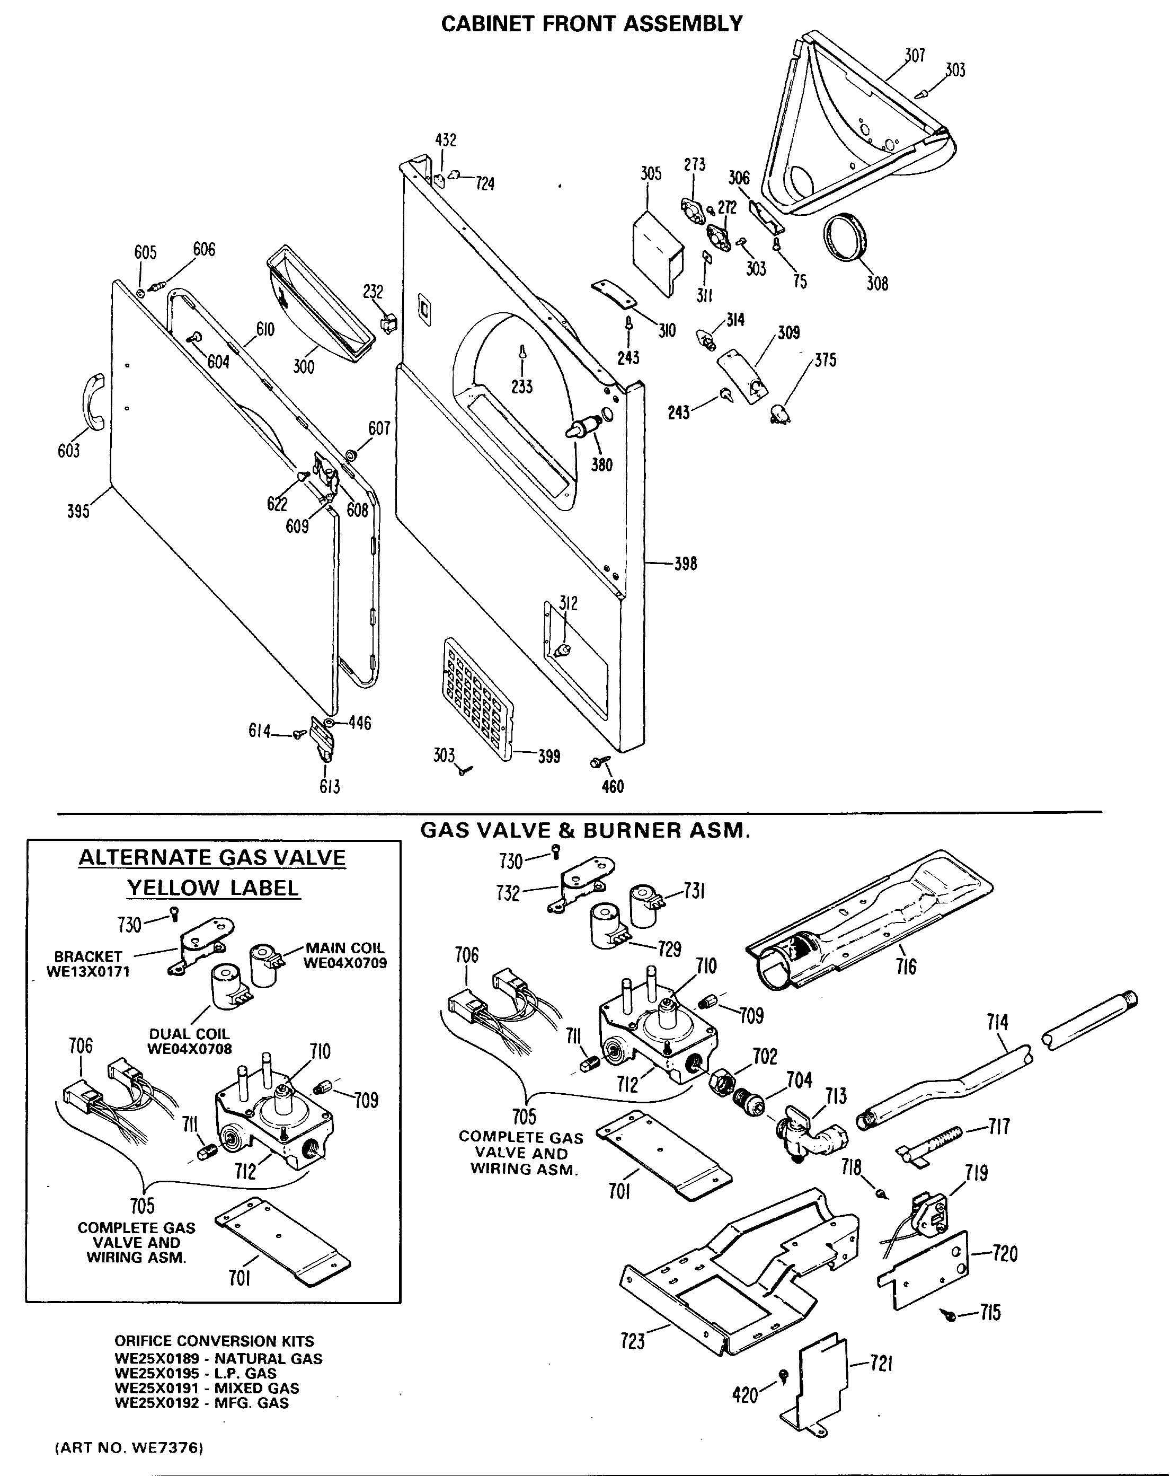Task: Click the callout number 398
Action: pyautogui.click(x=685, y=564)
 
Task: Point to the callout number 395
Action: pyautogui.click(x=78, y=511)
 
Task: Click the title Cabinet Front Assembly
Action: pyautogui.click(x=592, y=24)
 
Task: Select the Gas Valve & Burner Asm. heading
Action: pyautogui.click(x=585, y=830)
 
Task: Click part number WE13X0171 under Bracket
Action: pyautogui.click(x=87, y=971)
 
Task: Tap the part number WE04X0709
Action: pyautogui.click(x=345, y=963)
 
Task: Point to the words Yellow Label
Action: pyautogui.click(x=213, y=888)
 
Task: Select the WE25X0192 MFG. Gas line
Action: pyautogui.click(x=202, y=1403)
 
